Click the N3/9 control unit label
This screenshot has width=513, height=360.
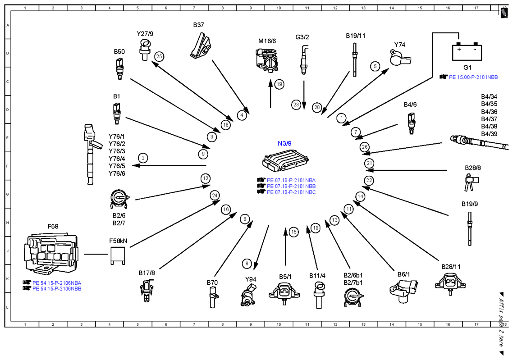click(284, 144)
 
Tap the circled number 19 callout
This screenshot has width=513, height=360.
click(279, 84)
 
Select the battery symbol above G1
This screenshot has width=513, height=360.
click(467, 52)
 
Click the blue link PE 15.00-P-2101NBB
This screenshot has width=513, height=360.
click(473, 77)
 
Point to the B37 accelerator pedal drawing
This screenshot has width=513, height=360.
click(201, 46)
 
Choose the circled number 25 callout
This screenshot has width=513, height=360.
click(159, 57)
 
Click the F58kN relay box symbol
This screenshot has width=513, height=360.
click(118, 256)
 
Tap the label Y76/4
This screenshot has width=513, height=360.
click(117, 159)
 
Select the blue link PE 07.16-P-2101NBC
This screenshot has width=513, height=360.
click(291, 192)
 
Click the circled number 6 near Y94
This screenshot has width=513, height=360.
click(247, 264)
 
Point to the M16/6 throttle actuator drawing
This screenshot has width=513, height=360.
click(267, 59)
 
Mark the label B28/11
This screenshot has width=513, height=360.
click(451, 267)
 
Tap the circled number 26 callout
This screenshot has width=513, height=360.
click(365, 147)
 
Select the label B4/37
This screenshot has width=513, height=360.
click(489, 119)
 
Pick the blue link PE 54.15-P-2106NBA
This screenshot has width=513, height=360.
click(57, 283)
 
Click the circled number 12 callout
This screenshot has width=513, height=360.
click(206, 178)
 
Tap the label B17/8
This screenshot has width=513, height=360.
click(147, 273)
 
